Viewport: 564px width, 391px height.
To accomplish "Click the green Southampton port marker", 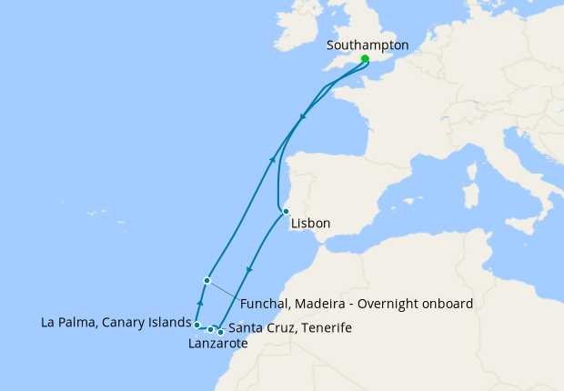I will pos(365,59).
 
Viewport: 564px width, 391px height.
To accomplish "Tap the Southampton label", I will pos(367,44).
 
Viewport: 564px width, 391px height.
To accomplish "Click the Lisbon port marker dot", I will pos(286,211).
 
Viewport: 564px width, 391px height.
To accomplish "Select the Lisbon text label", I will pos(310,223).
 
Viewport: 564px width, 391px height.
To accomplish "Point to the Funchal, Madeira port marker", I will pos(207,280).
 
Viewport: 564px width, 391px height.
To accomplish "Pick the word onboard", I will pos(448,304).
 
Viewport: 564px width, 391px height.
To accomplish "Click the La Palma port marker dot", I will pos(196,324).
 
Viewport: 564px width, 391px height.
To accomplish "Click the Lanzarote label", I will pos(217,344).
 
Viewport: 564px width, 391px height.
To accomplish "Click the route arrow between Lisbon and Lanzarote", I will pos(249,272).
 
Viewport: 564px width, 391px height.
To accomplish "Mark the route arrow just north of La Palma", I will pos(200,303).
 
